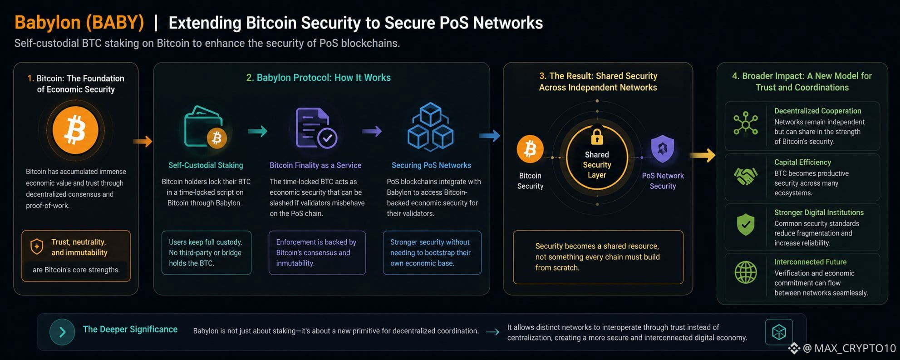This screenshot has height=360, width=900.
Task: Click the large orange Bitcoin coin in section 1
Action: tap(75, 130)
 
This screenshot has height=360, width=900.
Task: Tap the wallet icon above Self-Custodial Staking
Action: tap(205, 127)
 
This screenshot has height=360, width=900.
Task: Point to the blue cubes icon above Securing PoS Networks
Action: tap(430, 127)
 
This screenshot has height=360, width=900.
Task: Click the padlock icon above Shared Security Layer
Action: tap(597, 137)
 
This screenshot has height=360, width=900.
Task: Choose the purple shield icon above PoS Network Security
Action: tap(663, 148)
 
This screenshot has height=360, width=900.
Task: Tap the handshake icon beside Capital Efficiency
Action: tap(745, 177)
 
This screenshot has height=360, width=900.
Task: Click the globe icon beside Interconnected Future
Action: tap(746, 272)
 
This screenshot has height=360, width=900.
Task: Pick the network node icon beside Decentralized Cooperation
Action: tap(746, 124)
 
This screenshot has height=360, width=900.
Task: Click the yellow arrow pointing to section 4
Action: tap(702, 155)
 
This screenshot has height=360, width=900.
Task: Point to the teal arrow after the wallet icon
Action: tap(257, 131)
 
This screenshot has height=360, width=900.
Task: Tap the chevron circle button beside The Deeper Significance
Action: tap(62, 332)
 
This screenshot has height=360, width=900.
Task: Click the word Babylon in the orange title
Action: tap(48, 23)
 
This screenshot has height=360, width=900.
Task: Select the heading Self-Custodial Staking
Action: tap(206, 165)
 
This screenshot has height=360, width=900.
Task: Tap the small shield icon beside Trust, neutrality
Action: tap(37, 247)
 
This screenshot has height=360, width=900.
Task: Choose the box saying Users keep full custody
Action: tap(207, 252)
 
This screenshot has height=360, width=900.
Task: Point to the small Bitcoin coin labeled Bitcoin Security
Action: tap(530, 149)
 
